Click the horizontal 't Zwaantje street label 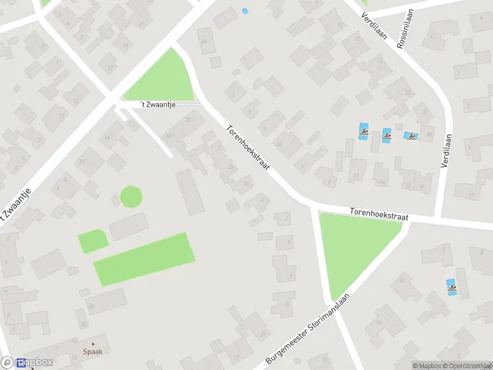[158, 105]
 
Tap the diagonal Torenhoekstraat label [248, 149]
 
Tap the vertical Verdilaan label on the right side [446, 152]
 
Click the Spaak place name [93, 353]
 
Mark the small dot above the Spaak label [93, 344]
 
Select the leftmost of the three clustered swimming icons [364, 131]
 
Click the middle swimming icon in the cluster [386, 135]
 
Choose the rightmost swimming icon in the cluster [410, 136]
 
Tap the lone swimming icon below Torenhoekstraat [452, 287]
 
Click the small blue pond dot [245, 10]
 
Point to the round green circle [131, 197]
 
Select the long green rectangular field [144, 258]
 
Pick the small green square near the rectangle [92, 240]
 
